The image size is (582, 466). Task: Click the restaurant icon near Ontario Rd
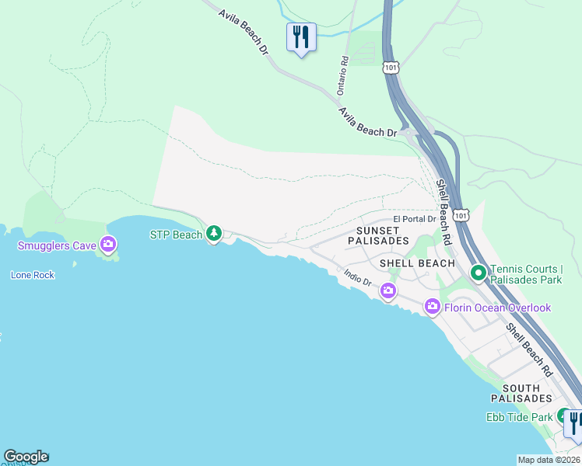[300, 37]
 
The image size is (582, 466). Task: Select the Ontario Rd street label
[342, 75]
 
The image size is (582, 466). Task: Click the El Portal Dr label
[414, 220]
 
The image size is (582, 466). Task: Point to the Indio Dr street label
[358, 277]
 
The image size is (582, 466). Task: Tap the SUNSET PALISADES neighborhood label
[378, 235]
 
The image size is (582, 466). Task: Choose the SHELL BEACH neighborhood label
[417, 263]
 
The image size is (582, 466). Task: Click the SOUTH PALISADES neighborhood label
[527, 393]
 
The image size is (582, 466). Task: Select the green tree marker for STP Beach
[214, 233]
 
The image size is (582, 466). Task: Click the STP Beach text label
[176, 235]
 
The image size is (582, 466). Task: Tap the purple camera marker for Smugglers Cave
[108, 245]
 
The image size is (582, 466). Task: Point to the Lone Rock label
[33, 275]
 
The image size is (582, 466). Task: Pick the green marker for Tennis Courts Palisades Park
[478, 273]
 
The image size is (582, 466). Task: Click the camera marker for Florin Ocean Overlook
[433, 308]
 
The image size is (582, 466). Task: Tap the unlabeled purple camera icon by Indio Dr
[387, 291]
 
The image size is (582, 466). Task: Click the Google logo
[26, 457]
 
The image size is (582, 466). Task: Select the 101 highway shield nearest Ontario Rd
[391, 68]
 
